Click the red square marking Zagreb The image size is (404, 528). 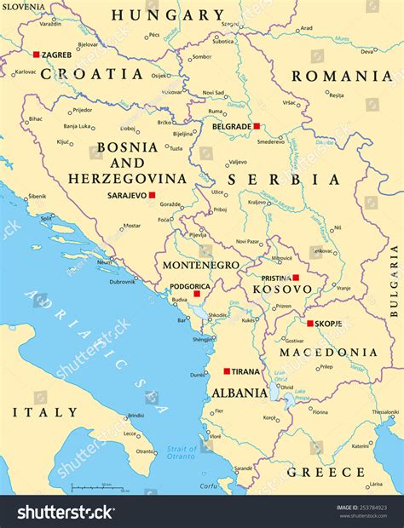37,55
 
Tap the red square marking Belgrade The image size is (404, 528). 257,126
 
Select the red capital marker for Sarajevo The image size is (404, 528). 153,195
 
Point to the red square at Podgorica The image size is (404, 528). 197,294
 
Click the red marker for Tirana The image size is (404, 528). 227,371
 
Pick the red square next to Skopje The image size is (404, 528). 310,324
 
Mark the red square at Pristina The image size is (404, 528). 296,278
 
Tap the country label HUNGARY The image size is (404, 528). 168,14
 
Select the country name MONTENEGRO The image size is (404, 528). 200,266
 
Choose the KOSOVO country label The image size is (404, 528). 282,290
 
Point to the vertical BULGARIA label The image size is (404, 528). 395,281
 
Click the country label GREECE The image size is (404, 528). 326,471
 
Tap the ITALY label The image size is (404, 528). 44,412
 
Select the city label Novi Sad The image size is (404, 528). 214,92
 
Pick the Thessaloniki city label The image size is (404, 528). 384,411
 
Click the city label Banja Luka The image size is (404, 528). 78,126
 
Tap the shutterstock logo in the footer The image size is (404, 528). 66,512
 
